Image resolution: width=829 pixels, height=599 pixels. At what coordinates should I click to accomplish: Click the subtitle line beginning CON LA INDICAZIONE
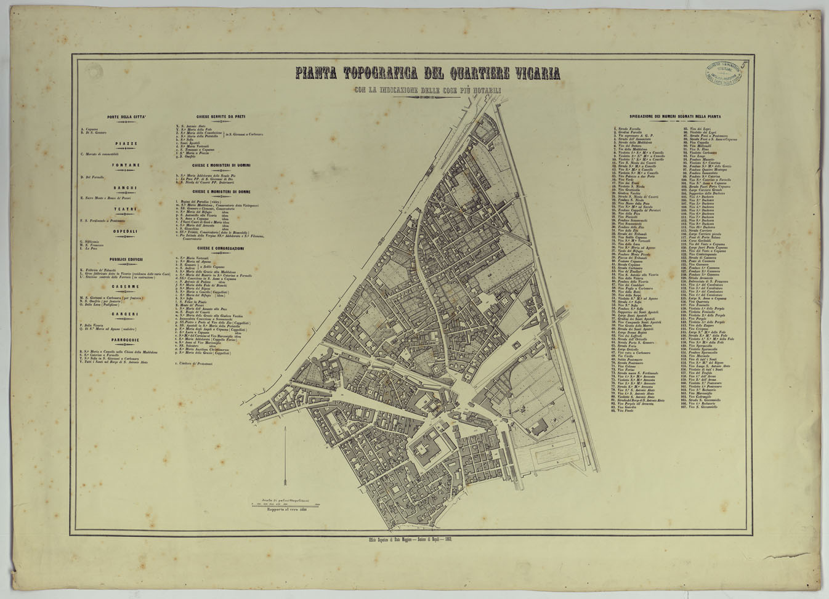tap(427, 91)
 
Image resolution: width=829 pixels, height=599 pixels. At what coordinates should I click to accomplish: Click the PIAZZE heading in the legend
tap(126, 143)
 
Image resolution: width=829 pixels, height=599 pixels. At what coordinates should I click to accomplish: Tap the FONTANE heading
tap(126, 165)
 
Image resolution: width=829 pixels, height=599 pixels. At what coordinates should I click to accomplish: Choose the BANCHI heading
tap(126, 187)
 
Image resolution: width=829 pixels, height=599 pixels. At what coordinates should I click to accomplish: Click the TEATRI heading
tap(126, 209)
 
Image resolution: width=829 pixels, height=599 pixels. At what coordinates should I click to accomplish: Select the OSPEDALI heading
tap(126, 231)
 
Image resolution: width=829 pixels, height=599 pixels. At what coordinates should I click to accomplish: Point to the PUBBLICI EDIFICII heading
tap(126, 259)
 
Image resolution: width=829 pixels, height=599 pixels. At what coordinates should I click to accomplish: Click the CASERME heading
tap(126, 286)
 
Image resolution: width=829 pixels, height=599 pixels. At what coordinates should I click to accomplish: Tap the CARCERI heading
tap(126, 313)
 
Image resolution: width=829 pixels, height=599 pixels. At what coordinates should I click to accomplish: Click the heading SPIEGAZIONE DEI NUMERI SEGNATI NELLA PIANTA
tap(676, 116)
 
